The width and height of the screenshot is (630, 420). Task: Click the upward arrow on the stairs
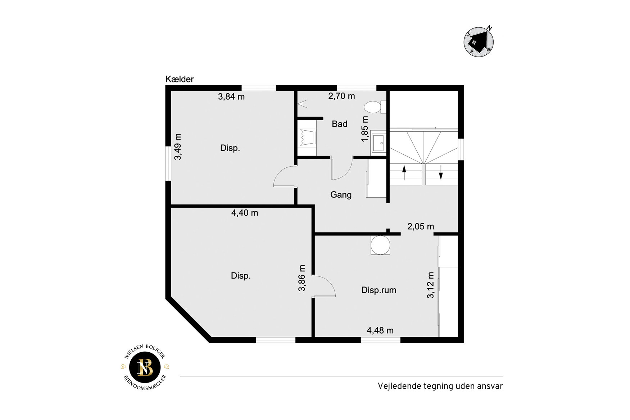coord(404,172)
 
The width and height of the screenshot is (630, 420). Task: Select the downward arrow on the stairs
coord(441,172)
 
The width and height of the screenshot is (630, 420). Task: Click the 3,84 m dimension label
coord(231,96)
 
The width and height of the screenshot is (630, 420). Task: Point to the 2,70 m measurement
coord(341,96)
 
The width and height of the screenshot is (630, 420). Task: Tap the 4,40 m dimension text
coord(245,213)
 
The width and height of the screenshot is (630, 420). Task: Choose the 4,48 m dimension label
coord(380,330)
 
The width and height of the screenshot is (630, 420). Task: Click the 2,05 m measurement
coord(421,226)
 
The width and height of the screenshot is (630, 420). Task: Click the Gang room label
coord(341,195)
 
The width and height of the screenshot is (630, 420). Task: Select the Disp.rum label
coord(379,290)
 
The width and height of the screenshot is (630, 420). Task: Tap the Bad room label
coord(340,124)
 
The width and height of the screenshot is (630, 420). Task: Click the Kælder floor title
coord(180,79)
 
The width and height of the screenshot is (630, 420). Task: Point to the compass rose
coord(479,41)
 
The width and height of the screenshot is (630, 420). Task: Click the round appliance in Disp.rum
coord(380,245)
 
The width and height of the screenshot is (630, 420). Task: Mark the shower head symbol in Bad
coord(303,104)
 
